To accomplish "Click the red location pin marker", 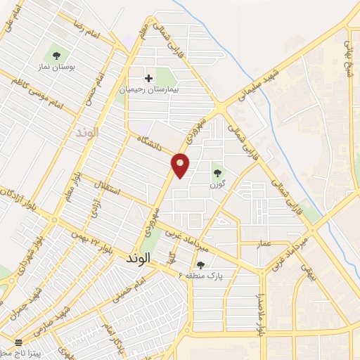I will pos(181,165).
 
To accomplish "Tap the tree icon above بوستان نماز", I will pos(57,55).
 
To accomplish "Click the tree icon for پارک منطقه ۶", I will pos(202,264).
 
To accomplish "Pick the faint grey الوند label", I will pos(88,131).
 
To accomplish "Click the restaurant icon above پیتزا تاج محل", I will pos(19,341).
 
